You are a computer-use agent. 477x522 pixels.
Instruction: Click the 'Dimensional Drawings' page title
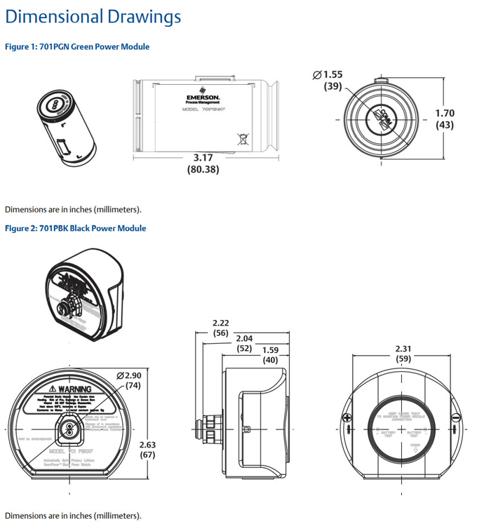pyautogui.click(x=93, y=17)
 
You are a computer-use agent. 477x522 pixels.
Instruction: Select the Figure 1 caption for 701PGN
pyautogui.click(x=77, y=47)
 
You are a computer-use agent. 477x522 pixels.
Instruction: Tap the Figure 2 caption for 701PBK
pyautogui.click(x=76, y=229)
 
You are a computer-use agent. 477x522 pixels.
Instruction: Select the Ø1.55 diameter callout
pyautogui.click(x=328, y=74)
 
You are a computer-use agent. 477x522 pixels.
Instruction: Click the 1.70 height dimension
pyautogui.click(x=445, y=113)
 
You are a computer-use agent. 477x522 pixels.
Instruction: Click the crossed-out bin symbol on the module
pyautogui.click(x=242, y=138)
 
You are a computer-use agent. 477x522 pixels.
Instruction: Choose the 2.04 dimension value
pyautogui.click(x=244, y=337)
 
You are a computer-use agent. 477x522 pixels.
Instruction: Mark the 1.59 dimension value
pyautogui.click(x=270, y=349)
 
